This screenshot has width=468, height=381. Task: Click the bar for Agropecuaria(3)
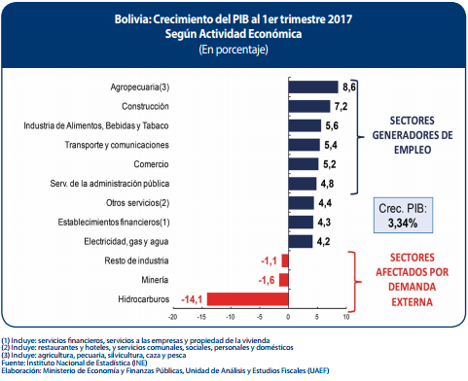(313, 87)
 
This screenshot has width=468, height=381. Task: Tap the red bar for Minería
(284, 279)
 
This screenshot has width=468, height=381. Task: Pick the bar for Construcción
(309, 106)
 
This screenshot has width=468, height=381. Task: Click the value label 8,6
(350, 87)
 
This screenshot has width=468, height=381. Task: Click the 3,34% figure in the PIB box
(403, 223)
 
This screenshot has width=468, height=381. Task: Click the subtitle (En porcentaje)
(234, 49)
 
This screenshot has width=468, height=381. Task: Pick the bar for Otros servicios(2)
(302, 202)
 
